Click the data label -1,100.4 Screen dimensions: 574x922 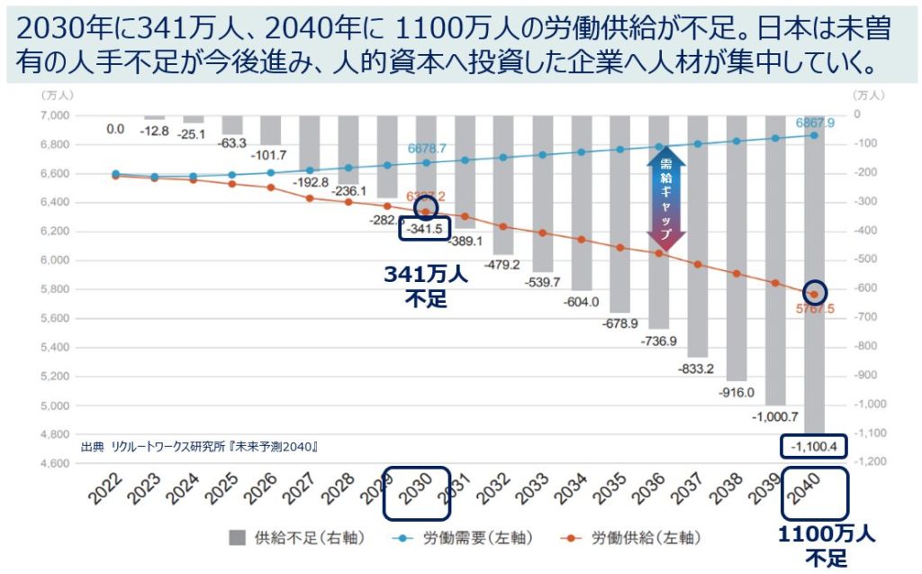[x=815, y=446]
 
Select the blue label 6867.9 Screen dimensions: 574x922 [x=815, y=123]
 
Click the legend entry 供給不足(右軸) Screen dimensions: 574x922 [x=297, y=538]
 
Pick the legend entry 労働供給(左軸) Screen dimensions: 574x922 [x=635, y=538]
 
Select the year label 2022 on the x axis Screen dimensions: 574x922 [x=105, y=492]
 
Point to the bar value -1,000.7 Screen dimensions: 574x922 [x=776, y=417]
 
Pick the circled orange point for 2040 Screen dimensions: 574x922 [x=815, y=293]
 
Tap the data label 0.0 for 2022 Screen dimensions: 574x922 [x=115, y=129]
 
